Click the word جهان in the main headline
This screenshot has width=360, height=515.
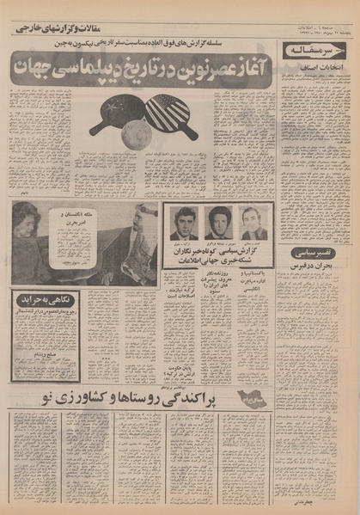[37, 67]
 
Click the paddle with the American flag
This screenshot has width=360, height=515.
[170, 114]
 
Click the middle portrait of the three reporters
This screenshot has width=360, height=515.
[218, 223]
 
